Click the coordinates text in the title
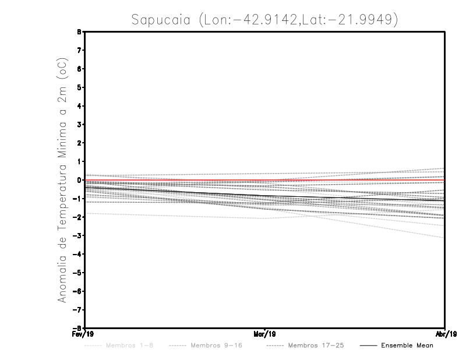pyautogui.click(x=298, y=20)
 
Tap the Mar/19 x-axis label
pyautogui.click(x=265, y=334)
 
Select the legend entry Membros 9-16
pyautogui.click(x=216, y=345)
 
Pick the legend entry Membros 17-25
pyautogui.click(x=316, y=345)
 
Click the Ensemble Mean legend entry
pyautogui.click(x=407, y=345)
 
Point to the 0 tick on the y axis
pyautogui.click(x=79, y=180)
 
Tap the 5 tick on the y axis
pyautogui.click(x=79, y=87)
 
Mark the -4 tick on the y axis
pyautogui.click(x=78, y=254)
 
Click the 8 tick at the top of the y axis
pyautogui.click(x=79, y=32)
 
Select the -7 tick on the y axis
pyautogui.click(x=78, y=309)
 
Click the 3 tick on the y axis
pyautogui.click(x=79, y=125)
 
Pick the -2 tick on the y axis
pyautogui.click(x=78, y=217)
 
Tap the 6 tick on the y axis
pyautogui.click(x=79, y=69)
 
